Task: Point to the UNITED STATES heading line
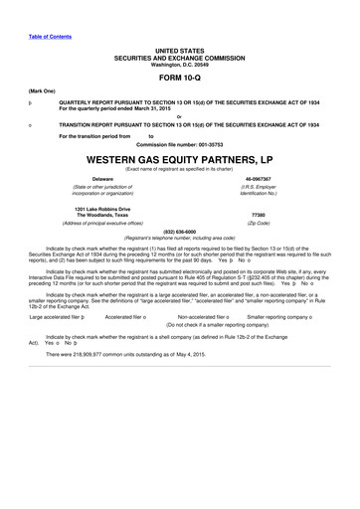pos(180,48)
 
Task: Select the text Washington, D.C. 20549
pos(180,64)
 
